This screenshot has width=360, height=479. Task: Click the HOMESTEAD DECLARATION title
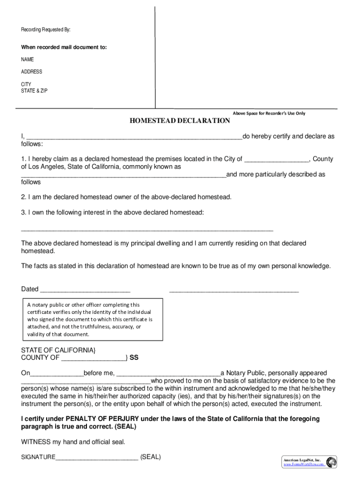click(x=180, y=121)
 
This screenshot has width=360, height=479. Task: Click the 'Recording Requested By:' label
click(x=45, y=30)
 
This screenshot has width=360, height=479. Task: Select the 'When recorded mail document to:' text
click(x=64, y=47)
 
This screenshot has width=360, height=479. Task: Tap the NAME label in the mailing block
click(x=27, y=59)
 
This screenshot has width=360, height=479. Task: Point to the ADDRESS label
click(x=31, y=72)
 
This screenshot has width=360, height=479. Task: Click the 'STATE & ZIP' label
click(x=34, y=91)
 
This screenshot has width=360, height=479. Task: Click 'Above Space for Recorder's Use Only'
click(x=269, y=113)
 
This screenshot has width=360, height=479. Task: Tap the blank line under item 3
click(x=147, y=230)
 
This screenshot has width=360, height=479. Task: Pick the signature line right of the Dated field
click(x=234, y=290)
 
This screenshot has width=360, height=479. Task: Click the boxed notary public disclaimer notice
click(x=92, y=319)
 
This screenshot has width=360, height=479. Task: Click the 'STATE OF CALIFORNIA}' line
click(x=58, y=350)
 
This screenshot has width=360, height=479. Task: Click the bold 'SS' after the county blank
click(x=134, y=358)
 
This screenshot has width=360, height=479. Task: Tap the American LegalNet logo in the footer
click(x=331, y=462)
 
